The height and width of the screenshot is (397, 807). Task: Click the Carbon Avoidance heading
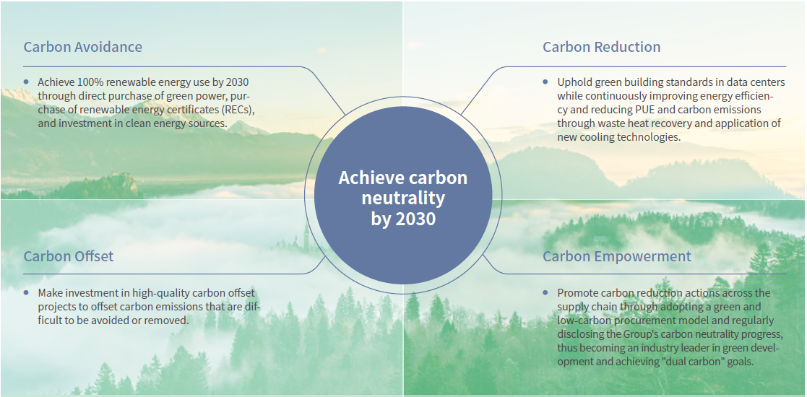point(83,47)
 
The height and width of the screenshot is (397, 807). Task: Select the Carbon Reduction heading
point(602,47)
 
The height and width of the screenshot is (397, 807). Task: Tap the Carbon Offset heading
point(69,256)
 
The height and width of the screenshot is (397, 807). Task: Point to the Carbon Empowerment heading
point(617,256)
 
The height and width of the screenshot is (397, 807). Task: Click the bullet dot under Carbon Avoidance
point(26,82)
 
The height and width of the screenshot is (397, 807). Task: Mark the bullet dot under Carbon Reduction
point(545,82)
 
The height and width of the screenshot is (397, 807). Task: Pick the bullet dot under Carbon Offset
point(26,292)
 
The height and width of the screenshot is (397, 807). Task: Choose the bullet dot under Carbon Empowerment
point(545,292)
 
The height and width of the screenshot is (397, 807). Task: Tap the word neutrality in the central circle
point(403,198)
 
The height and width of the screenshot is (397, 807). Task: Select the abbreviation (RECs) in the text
point(240,110)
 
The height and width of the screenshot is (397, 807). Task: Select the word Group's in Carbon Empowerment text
point(649,334)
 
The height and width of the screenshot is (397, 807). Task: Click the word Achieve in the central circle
point(369,178)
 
